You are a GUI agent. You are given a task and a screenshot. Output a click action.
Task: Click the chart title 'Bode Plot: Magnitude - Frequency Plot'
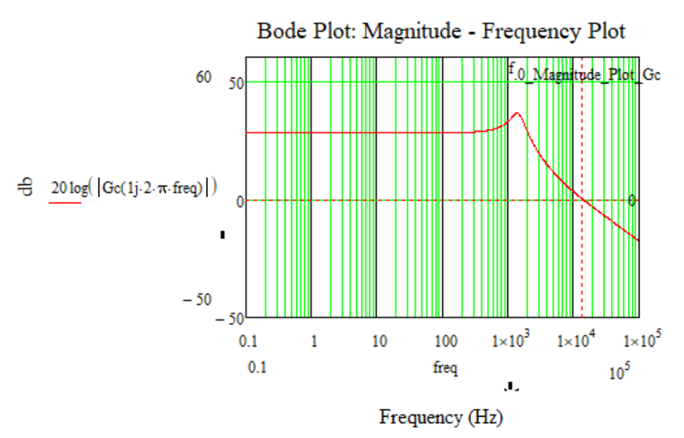pos(441,32)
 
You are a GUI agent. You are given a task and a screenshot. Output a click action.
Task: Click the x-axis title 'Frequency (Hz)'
pos(441,415)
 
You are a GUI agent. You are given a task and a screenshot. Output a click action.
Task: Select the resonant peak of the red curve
pos(517,113)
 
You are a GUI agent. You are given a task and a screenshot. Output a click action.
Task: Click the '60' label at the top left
pos(203,77)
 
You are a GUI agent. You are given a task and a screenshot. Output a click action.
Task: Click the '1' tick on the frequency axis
pos(314,341)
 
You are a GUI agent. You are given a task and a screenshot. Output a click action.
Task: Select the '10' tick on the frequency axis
pos(378,341)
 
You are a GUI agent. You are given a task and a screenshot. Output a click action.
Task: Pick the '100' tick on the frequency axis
pos(445,341)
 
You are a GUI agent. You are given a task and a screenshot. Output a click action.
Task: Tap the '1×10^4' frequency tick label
pos(574,340)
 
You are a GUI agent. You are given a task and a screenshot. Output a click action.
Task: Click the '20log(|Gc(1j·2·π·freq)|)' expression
pos(133,186)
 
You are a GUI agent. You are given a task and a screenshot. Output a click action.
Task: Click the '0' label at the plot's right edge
pos(631,200)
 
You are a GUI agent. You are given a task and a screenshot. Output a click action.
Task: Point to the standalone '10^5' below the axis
pos(620,373)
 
